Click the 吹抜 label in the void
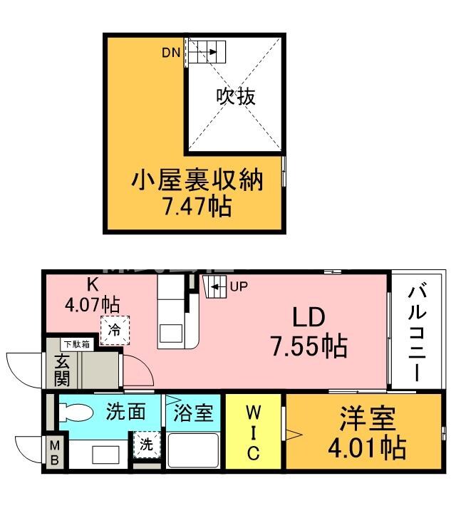click(236, 96)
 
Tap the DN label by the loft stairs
click(170, 52)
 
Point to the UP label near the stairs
click(239, 288)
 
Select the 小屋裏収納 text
click(197, 180)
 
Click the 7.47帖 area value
click(197, 207)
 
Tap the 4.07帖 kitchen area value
click(92, 304)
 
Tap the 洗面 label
click(126, 411)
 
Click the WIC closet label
click(254, 432)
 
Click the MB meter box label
click(53, 453)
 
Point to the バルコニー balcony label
click(419, 331)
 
